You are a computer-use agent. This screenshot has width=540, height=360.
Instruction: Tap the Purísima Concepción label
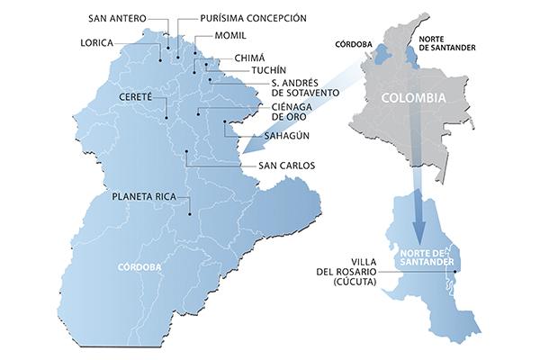click(x=253, y=17)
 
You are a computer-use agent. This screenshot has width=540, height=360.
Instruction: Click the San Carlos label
click(x=287, y=166)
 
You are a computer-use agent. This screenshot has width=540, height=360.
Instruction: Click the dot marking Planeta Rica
click(x=190, y=213)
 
